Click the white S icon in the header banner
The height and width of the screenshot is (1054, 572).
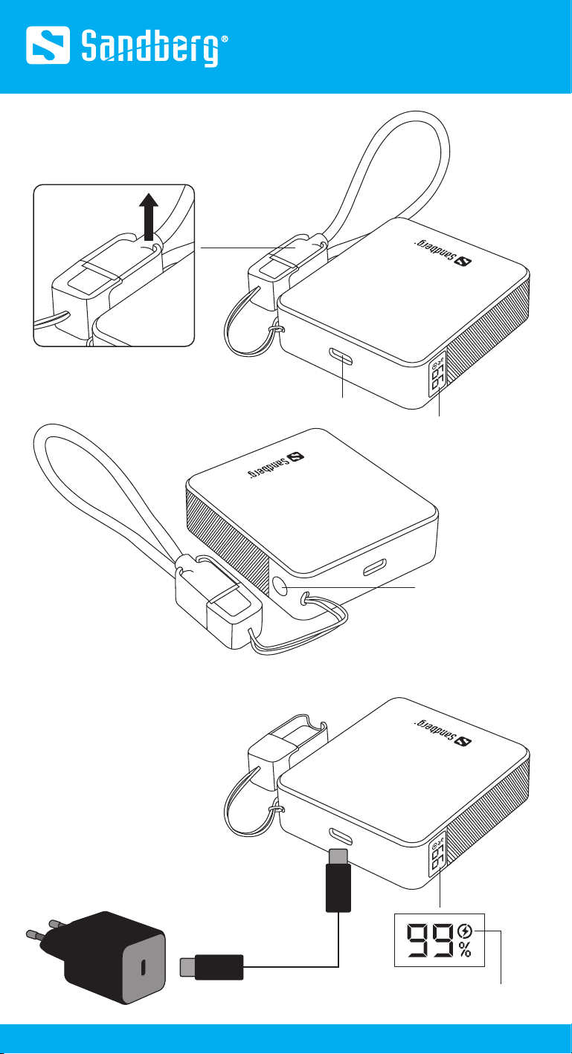click(x=48, y=45)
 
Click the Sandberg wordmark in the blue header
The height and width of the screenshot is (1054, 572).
click(x=150, y=48)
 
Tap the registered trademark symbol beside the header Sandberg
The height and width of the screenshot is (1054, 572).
click(x=225, y=39)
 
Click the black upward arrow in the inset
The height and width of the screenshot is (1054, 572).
click(x=149, y=217)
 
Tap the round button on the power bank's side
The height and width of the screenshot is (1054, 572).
click(x=282, y=587)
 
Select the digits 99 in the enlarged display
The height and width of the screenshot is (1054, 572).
click(x=431, y=940)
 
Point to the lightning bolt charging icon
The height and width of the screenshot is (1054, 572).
click(x=465, y=931)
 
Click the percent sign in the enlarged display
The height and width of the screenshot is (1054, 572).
click(x=465, y=950)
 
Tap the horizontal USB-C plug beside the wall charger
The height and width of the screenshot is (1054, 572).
click(x=211, y=967)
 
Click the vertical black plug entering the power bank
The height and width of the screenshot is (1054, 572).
click(x=338, y=880)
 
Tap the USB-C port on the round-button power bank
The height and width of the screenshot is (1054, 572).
click(x=375, y=567)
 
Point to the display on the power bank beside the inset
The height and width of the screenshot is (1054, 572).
click(x=437, y=375)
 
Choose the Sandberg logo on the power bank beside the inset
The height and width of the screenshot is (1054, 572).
click(x=443, y=253)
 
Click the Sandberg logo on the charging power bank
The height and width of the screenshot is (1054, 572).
click(x=443, y=734)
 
